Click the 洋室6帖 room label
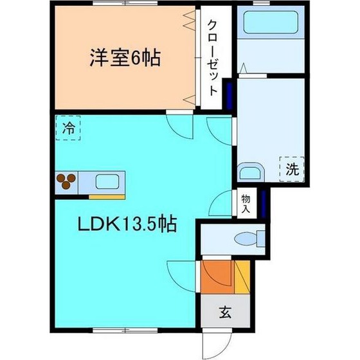(x=125, y=57)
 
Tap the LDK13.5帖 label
(x=127, y=224)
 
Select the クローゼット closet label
(x=213, y=58)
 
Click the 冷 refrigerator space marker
(x=68, y=128)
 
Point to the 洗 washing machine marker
(x=292, y=169)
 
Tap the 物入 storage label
(x=246, y=204)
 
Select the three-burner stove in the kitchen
(x=66, y=181)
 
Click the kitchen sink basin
(x=107, y=181)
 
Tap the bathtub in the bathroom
(x=271, y=22)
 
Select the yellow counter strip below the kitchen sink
(x=107, y=197)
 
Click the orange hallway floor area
(x=217, y=276)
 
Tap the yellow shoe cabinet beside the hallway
(x=242, y=276)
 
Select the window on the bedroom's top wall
(x=125, y=3)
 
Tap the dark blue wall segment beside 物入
(x=263, y=203)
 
